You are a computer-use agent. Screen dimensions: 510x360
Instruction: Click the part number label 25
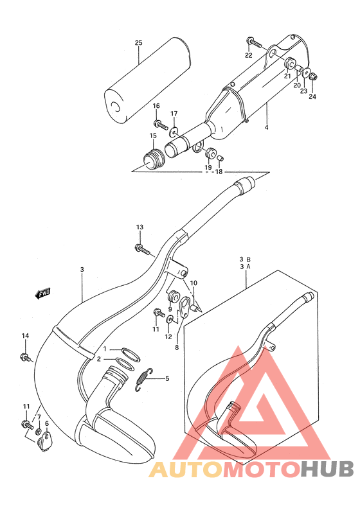click(x=138, y=43)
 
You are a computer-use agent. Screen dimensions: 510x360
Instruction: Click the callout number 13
click(x=139, y=227)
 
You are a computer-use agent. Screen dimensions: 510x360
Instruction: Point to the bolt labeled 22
click(x=255, y=44)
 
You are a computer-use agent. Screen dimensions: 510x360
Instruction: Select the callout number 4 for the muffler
click(x=265, y=128)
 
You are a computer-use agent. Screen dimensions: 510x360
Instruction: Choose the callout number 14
click(x=26, y=337)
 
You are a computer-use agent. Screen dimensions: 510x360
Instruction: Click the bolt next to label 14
click(x=26, y=356)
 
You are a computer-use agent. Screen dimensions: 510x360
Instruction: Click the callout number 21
click(x=287, y=76)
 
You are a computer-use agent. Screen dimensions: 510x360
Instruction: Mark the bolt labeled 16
click(x=157, y=122)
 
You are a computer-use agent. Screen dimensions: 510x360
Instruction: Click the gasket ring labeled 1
click(x=130, y=351)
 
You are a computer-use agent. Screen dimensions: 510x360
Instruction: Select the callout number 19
click(x=208, y=168)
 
